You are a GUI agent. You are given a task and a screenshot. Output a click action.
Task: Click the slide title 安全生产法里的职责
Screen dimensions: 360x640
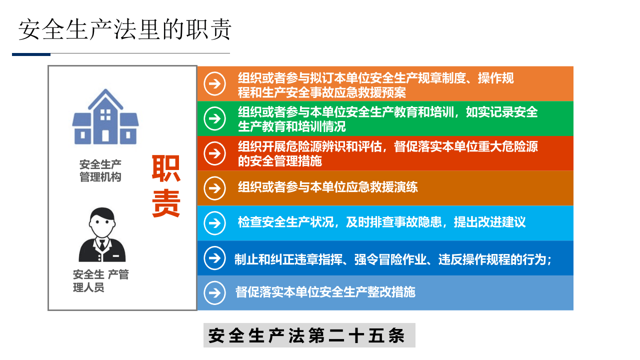click(x=125, y=30)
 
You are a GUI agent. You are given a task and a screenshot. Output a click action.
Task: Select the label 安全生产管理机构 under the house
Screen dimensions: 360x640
click(x=100, y=171)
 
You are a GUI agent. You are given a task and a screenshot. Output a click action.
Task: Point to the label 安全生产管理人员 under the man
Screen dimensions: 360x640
click(x=100, y=281)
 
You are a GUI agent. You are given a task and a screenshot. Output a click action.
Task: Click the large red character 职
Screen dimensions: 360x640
click(x=166, y=168)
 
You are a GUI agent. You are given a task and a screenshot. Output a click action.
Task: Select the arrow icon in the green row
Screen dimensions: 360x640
click(x=215, y=118)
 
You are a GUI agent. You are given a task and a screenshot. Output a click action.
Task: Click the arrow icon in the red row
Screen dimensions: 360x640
click(x=215, y=153)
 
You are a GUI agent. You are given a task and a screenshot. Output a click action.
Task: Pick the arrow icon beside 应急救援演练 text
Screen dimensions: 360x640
click(x=215, y=188)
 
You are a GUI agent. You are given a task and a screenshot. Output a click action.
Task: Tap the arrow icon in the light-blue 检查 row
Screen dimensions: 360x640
click(x=215, y=223)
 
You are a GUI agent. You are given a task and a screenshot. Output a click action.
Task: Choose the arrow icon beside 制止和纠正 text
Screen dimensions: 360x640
click(x=215, y=258)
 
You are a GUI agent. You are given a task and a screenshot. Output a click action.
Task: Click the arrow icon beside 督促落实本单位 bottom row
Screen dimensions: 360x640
click(x=215, y=292)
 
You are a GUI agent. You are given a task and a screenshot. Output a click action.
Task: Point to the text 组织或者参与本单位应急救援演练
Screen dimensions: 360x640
click(x=328, y=187)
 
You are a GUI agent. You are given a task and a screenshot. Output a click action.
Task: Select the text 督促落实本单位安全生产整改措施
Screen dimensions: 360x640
click(x=325, y=292)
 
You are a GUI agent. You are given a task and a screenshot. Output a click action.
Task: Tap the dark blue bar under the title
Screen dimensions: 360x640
click(x=31, y=54)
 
